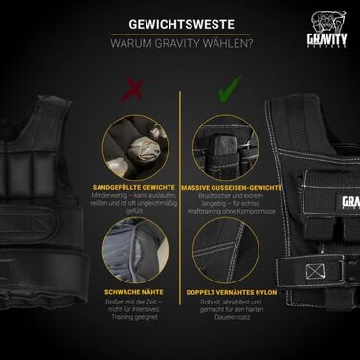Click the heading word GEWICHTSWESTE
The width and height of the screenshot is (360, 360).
(179, 24)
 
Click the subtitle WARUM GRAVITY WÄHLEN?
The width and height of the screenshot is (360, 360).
(179, 45)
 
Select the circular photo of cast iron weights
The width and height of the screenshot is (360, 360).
(226, 143)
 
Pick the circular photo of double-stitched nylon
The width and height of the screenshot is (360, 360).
(226, 247)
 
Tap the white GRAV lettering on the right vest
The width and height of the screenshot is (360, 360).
(349, 203)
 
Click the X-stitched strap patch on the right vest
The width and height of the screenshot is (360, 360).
(317, 271)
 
